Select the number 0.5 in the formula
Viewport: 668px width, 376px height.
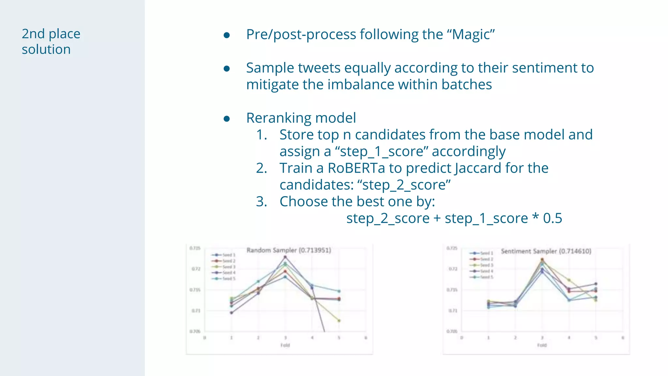point(553,218)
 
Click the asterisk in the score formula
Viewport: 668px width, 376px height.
point(535,217)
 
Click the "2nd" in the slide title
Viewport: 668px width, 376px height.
point(33,34)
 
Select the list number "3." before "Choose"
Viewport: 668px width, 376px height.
point(262,202)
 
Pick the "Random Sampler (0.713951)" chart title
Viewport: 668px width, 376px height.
point(289,250)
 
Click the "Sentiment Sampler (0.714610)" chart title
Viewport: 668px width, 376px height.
point(546,251)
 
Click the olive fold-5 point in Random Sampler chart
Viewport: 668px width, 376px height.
point(339,321)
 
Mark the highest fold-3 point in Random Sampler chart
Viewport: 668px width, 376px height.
point(285,257)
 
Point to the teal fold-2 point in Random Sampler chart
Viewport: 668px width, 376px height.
point(258,281)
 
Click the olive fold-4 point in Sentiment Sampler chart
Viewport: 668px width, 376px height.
point(569,280)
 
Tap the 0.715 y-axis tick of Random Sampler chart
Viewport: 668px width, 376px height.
point(195,290)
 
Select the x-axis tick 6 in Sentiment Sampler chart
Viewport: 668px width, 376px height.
point(623,338)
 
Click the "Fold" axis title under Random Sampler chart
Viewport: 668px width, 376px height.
point(285,345)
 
